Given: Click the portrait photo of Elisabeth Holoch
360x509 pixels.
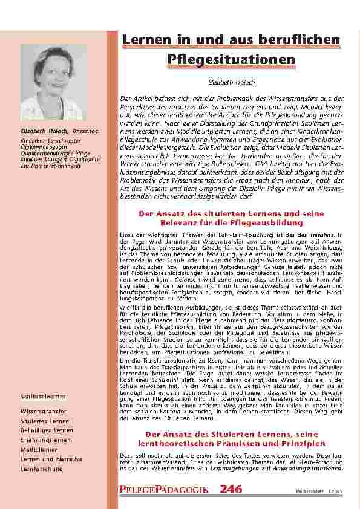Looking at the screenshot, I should [53, 82].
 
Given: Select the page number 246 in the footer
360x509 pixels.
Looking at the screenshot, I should [231, 489].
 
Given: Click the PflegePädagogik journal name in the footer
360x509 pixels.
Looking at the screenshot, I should [165, 490].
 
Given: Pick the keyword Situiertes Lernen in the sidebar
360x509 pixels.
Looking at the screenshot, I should [45, 420].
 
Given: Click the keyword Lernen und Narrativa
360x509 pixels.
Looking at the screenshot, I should [51, 459].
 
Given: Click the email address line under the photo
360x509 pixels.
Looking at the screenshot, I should [51, 166].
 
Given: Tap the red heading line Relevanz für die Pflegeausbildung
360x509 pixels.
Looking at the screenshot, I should [232, 223].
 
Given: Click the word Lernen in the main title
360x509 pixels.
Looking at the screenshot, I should [145, 40].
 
